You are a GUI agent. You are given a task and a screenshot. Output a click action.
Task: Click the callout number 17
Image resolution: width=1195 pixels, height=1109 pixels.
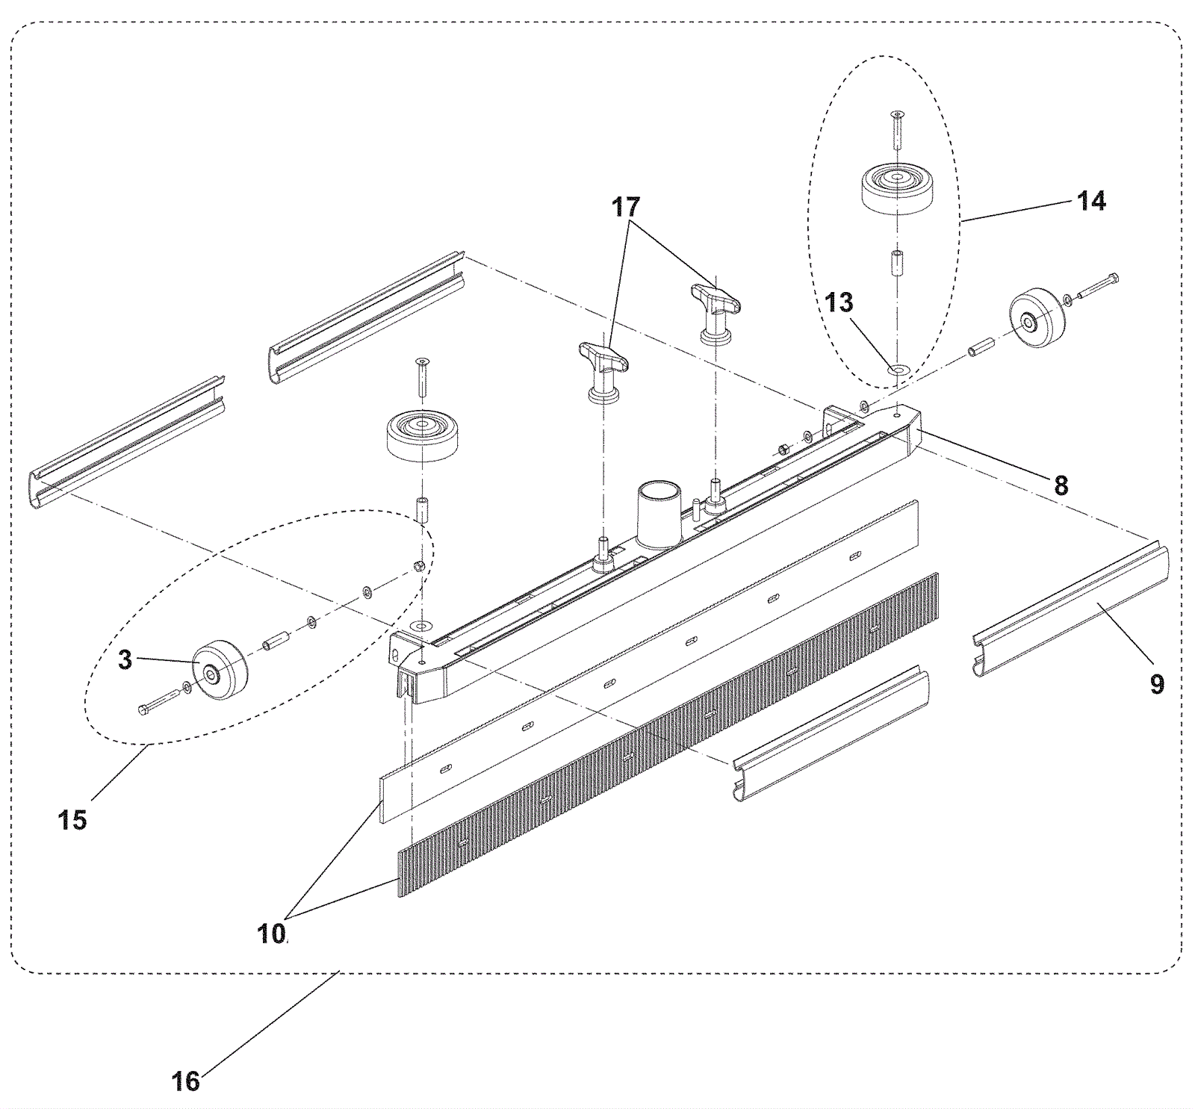[626, 207]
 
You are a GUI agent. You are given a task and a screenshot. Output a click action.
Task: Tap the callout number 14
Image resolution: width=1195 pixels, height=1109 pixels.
[1091, 201]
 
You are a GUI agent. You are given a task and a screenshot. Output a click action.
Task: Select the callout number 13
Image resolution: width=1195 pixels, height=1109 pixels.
[839, 302]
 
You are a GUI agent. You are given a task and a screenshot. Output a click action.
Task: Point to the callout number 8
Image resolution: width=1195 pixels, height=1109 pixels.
[1061, 485]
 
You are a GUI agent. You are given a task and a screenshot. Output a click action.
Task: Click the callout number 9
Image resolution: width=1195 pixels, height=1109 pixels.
[1156, 684]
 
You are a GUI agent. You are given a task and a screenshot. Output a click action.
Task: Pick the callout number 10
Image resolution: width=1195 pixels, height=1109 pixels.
[272, 934]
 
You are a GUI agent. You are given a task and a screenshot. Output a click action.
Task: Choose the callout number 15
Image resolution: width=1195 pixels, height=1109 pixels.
[72, 820]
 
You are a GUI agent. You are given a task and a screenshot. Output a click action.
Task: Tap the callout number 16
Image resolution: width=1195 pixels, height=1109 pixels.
[186, 1081]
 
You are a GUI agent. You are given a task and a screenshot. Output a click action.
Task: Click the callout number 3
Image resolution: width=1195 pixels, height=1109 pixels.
[125, 660]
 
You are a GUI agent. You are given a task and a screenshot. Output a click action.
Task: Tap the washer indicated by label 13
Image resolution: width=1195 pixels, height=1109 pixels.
[896, 370]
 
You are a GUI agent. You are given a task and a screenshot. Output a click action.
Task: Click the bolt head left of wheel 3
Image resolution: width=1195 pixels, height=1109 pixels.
[146, 709]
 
